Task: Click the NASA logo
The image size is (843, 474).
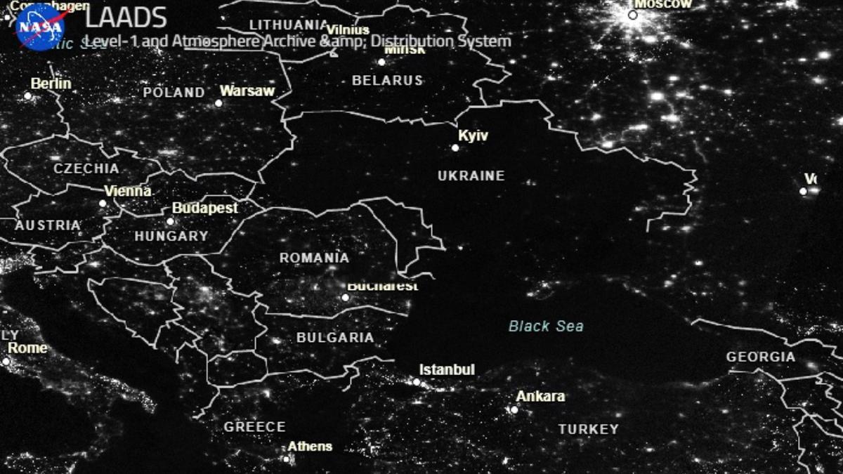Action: tap(40, 27)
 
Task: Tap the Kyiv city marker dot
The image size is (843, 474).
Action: tap(455, 147)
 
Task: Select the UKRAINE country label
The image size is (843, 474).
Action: tap(471, 176)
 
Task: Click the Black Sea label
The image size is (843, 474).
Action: tap(546, 326)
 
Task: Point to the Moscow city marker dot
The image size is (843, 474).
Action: tap(632, 15)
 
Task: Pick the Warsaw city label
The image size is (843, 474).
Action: tap(247, 91)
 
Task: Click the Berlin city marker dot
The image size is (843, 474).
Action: tap(28, 96)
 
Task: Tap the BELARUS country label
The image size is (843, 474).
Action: tap(387, 80)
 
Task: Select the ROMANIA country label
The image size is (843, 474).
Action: tap(314, 258)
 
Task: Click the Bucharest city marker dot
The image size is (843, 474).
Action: tap(345, 297)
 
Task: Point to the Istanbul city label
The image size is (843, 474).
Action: tap(447, 369)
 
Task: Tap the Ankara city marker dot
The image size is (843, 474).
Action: tap(514, 409)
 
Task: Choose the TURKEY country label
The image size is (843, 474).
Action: tap(589, 428)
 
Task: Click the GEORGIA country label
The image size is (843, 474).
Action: tap(761, 357)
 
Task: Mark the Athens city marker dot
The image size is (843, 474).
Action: tap(287, 459)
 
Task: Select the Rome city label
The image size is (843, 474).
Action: tap(27, 348)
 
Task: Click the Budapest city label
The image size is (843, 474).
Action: tap(204, 208)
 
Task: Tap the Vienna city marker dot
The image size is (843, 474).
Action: tap(103, 204)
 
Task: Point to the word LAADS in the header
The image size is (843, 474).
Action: tap(126, 18)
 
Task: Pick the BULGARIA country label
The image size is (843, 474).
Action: tap(335, 337)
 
